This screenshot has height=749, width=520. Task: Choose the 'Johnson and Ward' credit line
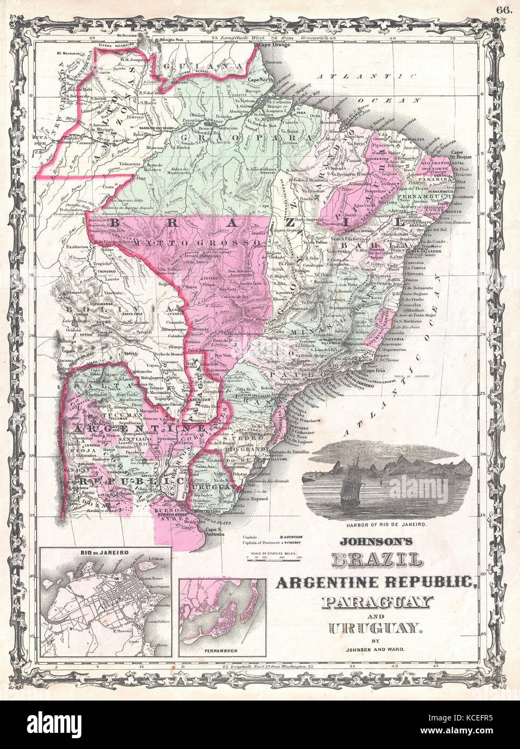(375, 650)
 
